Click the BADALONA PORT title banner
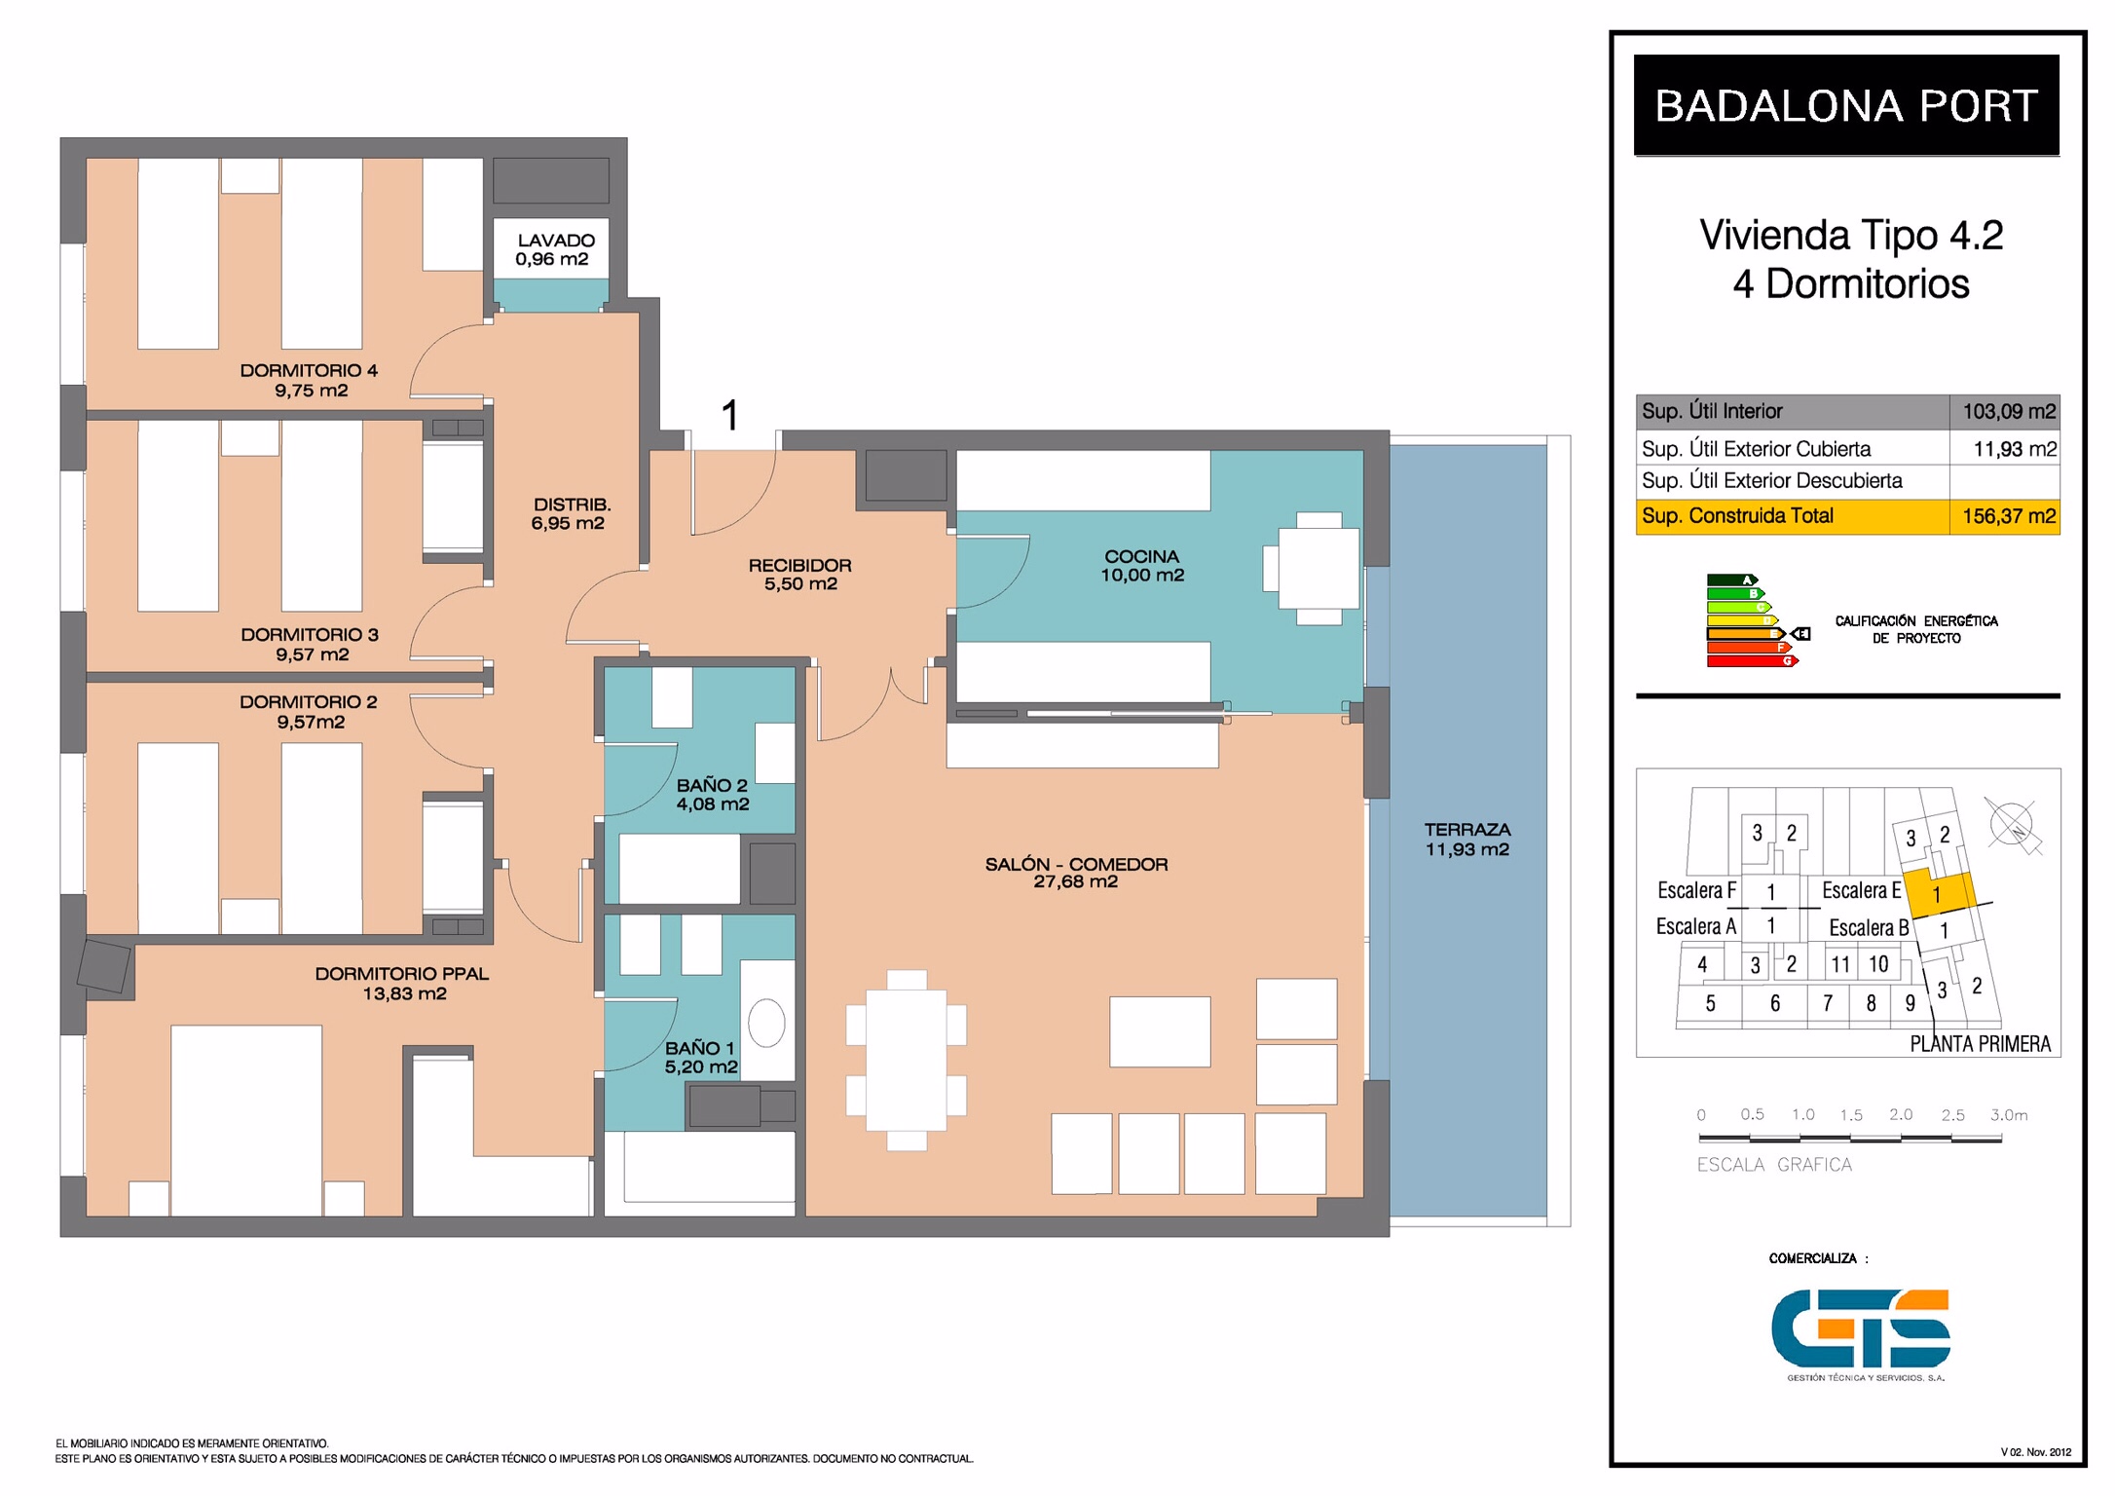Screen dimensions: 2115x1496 click(1846, 105)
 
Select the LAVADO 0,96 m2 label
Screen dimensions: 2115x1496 click(555, 249)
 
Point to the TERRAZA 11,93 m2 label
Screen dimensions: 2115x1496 click(1467, 840)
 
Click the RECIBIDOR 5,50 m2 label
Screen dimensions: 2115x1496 click(799, 575)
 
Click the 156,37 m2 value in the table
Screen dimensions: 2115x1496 click(2009, 516)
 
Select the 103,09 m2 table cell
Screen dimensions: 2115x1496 click(2005, 411)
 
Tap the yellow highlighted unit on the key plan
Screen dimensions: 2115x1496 click(1939, 894)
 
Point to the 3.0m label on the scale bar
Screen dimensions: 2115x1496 click(2009, 1115)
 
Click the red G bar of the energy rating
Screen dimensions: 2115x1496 click(1752, 661)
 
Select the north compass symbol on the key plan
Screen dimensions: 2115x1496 click(2013, 826)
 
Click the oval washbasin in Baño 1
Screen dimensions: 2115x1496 click(766, 1024)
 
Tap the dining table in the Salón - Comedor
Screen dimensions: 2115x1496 click(907, 1060)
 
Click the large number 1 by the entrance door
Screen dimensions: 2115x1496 click(730, 416)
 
